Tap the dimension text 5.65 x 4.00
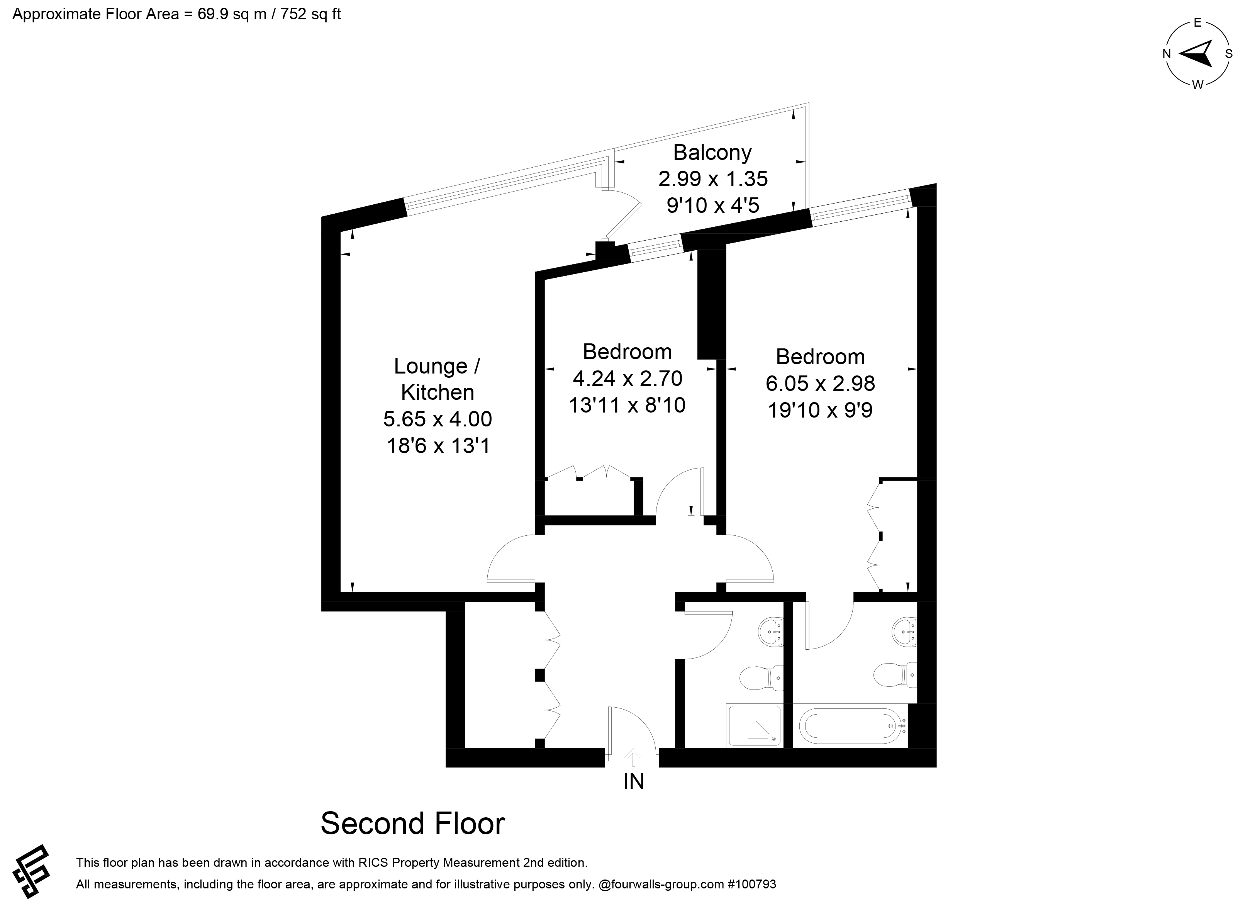pos(438,419)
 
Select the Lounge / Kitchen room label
pos(438,379)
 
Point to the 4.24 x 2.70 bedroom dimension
pos(627,379)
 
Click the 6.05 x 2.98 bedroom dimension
pos(820,383)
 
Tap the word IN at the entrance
pos(634,781)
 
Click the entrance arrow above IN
pos(634,757)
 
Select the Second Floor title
pos(413,823)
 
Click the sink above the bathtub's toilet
pos(905,631)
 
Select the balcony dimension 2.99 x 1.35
pos(713,179)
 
